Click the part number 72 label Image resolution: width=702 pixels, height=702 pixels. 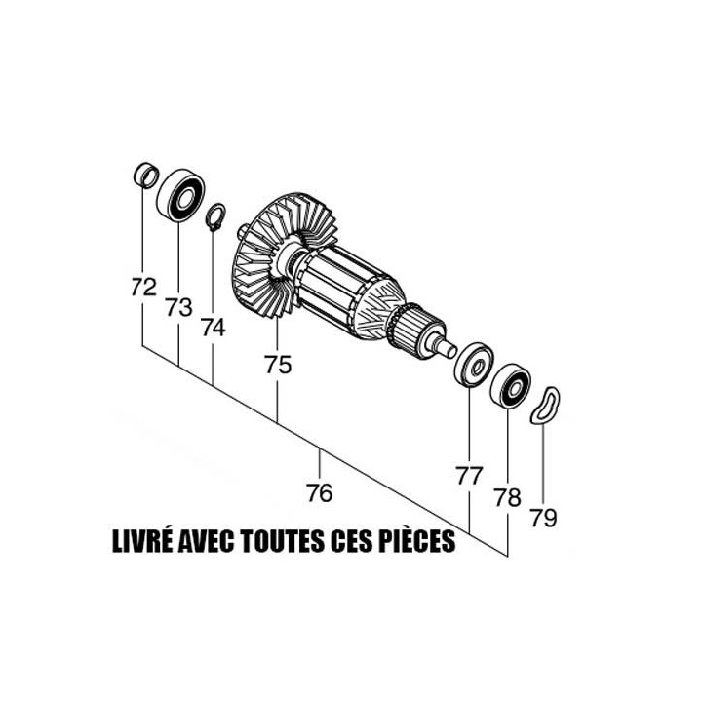(x=143, y=288)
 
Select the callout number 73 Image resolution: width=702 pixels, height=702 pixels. (x=178, y=308)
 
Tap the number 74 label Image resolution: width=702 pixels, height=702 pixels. (x=213, y=328)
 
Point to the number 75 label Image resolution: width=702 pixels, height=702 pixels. (x=278, y=365)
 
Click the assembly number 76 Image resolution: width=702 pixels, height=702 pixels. (x=319, y=493)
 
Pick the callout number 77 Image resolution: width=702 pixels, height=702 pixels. (x=469, y=476)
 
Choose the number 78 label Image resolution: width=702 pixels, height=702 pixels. (x=507, y=498)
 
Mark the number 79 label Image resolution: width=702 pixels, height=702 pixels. (x=544, y=518)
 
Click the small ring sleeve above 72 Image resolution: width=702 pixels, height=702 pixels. (x=144, y=175)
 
